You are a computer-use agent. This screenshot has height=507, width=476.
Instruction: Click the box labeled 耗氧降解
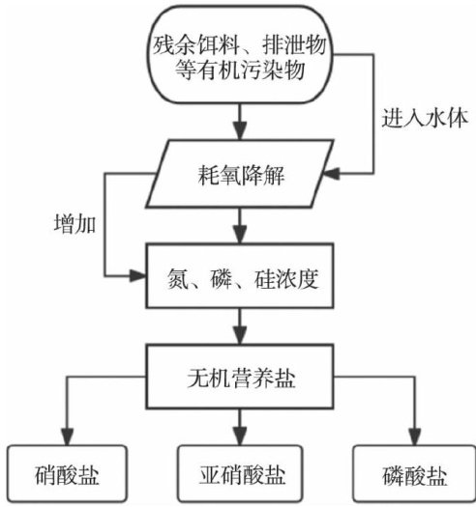tap(240, 174)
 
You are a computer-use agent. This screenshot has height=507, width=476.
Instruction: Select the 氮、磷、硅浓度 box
tap(240, 275)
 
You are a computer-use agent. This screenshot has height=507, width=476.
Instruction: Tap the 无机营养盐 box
tap(240, 377)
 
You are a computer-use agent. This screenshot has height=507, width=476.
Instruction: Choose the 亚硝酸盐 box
tap(240, 473)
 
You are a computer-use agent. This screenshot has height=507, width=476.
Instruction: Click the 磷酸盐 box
tap(414, 473)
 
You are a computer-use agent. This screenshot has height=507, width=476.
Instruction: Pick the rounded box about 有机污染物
tap(240, 55)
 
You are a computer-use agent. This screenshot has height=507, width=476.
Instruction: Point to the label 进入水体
tap(425, 119)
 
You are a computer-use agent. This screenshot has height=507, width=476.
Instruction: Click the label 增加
tap(74, 224)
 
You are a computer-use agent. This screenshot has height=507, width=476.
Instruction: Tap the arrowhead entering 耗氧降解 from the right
tap(331, 174)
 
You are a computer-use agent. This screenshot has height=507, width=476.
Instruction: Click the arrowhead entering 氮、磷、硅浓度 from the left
tap(137, 276)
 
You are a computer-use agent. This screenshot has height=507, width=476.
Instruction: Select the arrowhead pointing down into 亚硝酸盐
tap(240, 437)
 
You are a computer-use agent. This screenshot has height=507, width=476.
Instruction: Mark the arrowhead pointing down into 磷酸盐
tap(414, 437)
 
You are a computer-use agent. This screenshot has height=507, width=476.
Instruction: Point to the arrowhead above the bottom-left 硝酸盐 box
tap(68, 437)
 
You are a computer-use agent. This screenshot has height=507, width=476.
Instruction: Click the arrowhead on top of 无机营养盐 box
tap(240, 336)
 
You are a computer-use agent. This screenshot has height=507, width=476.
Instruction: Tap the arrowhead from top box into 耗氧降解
tap(240, 131)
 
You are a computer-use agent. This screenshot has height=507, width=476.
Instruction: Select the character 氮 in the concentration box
tap(178, 279)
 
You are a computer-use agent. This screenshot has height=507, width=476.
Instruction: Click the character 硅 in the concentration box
tap(265, 279)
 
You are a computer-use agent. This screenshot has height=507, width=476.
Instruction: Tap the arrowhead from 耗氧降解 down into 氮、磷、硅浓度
tap(240, 235)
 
